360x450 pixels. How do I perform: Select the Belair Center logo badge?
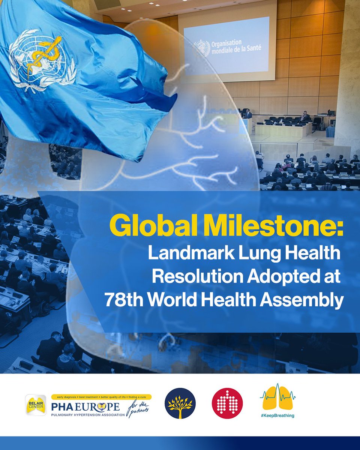36,405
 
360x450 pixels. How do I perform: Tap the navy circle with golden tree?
180,403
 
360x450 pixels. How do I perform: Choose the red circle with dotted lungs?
227,403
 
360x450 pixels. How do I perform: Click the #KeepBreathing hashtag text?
277,415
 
